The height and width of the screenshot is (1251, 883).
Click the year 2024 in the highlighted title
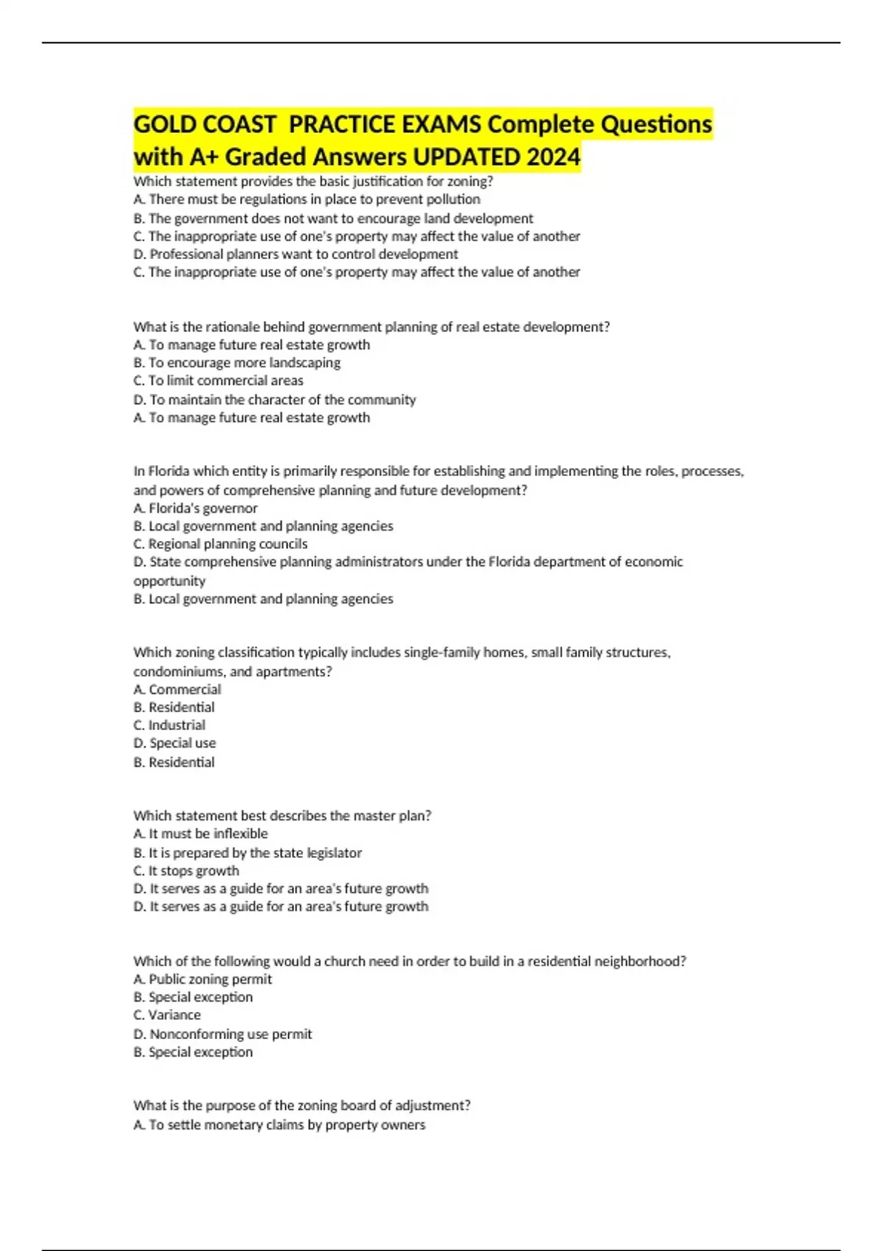point(556,157)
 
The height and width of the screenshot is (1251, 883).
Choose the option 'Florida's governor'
point(196,508)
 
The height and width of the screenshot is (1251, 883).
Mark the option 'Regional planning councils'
point(221,544)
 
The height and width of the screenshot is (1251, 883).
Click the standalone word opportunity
point(169,581)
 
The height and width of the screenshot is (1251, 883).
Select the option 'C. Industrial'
point(169,725)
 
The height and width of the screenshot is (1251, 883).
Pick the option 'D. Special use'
point(174,743)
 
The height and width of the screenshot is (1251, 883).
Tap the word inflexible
point(241,834)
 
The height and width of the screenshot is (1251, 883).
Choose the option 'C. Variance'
point(167,1015)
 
